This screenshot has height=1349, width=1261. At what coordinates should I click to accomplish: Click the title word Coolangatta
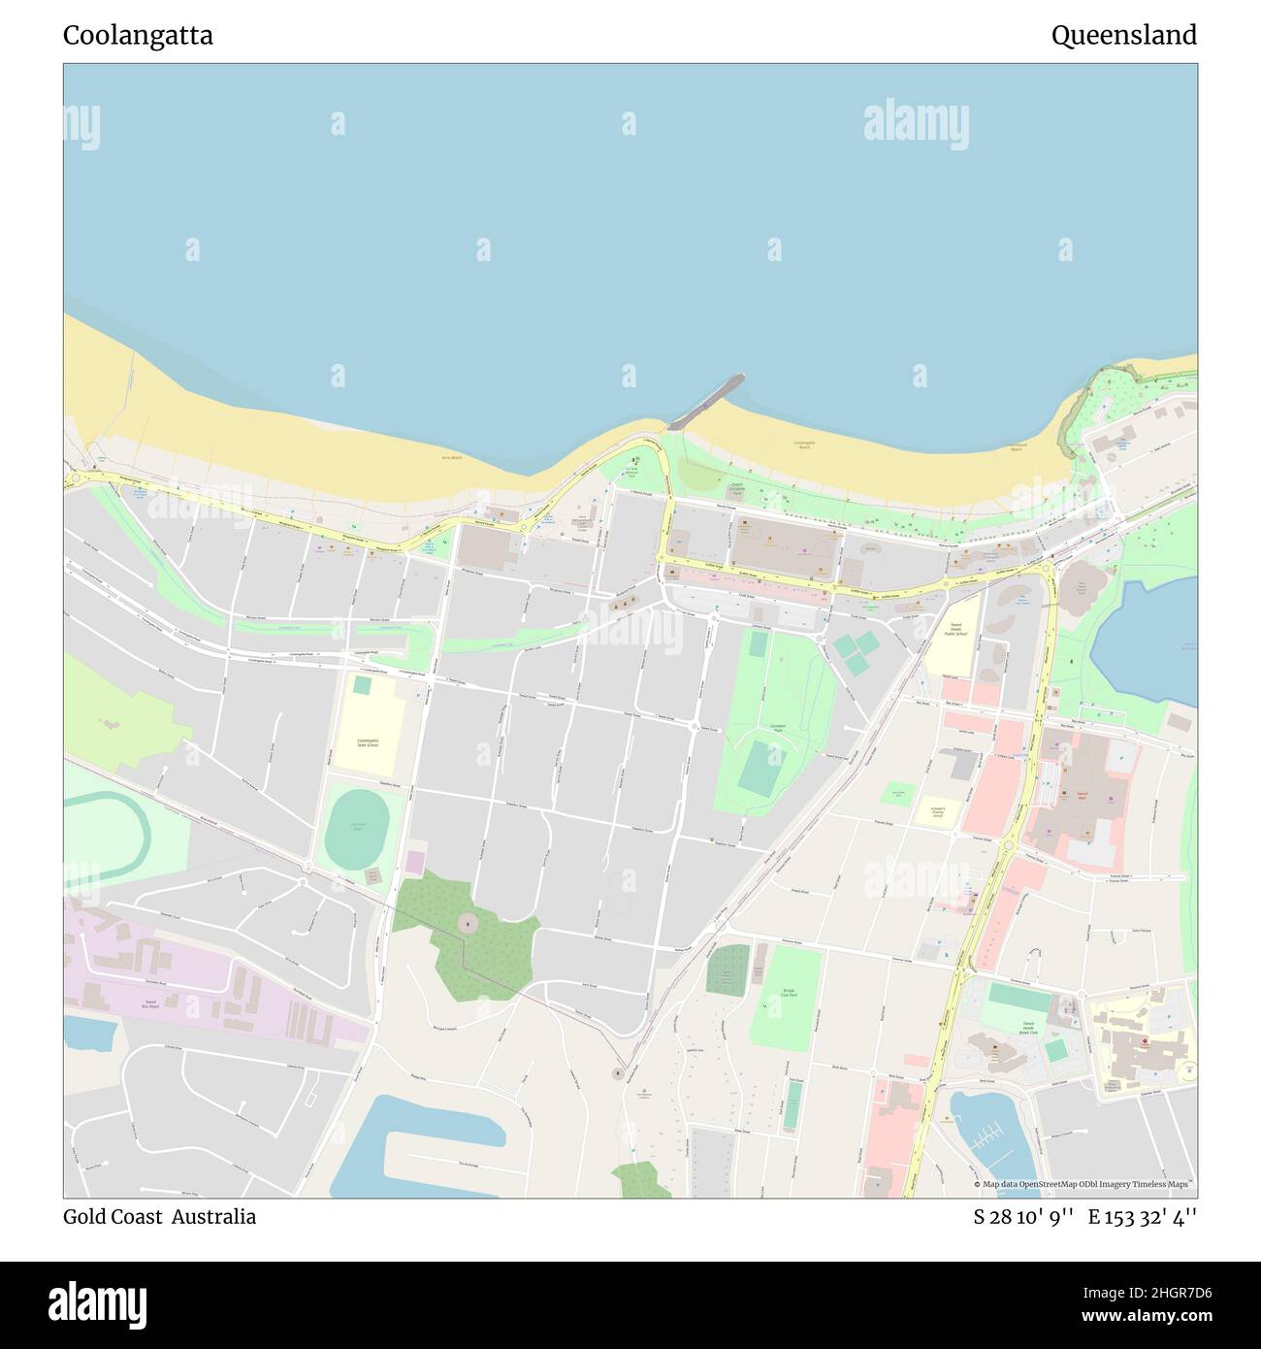coord(138,36)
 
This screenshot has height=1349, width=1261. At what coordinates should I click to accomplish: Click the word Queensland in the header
coord(1123,36)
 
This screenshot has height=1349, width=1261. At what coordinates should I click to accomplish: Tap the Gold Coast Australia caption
coord(160,1216)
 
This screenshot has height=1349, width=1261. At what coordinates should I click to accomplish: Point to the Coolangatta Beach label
coord(803,445)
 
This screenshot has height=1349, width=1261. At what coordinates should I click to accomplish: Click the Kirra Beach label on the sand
coord(451,456)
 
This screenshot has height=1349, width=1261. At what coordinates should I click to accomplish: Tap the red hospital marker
coord(1144,1045)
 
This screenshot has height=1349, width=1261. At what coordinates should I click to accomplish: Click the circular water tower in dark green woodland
coord(468,924)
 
